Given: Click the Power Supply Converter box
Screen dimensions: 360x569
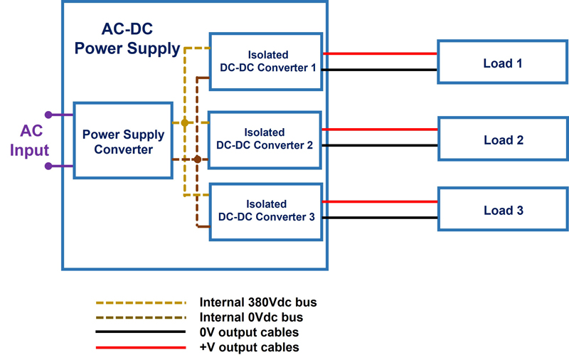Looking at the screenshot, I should coord(123,141).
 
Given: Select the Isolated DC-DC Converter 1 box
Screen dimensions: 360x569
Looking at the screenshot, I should coord(266,61).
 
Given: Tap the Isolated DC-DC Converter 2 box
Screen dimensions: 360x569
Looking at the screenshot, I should coord(266,139).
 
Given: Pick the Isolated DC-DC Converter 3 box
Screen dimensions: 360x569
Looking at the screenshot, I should coord(266,211).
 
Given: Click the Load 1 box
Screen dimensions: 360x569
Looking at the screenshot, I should coord(502,63).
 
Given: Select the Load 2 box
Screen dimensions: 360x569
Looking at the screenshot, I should coord(502,140).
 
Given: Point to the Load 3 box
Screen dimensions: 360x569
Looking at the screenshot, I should coord(502,211).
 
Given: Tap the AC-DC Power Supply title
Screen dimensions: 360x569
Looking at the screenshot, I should coord(127,39).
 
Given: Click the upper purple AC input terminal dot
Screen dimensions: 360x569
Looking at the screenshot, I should coord(48,115).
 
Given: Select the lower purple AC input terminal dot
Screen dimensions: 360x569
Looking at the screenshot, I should coord(48,166).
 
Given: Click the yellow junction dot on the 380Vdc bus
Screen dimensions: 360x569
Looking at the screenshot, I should coord(185,123).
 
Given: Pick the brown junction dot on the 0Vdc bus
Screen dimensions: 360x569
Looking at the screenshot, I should coord(197,159).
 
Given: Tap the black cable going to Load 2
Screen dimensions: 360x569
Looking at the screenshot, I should coord(380,146).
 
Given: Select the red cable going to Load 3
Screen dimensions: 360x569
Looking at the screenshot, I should coord(380,201).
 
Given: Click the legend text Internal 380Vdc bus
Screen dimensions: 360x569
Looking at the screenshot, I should coord(258,302).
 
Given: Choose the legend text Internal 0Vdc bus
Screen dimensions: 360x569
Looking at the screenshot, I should coord(252,317).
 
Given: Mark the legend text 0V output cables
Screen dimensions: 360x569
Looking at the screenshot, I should coord(249,332).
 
